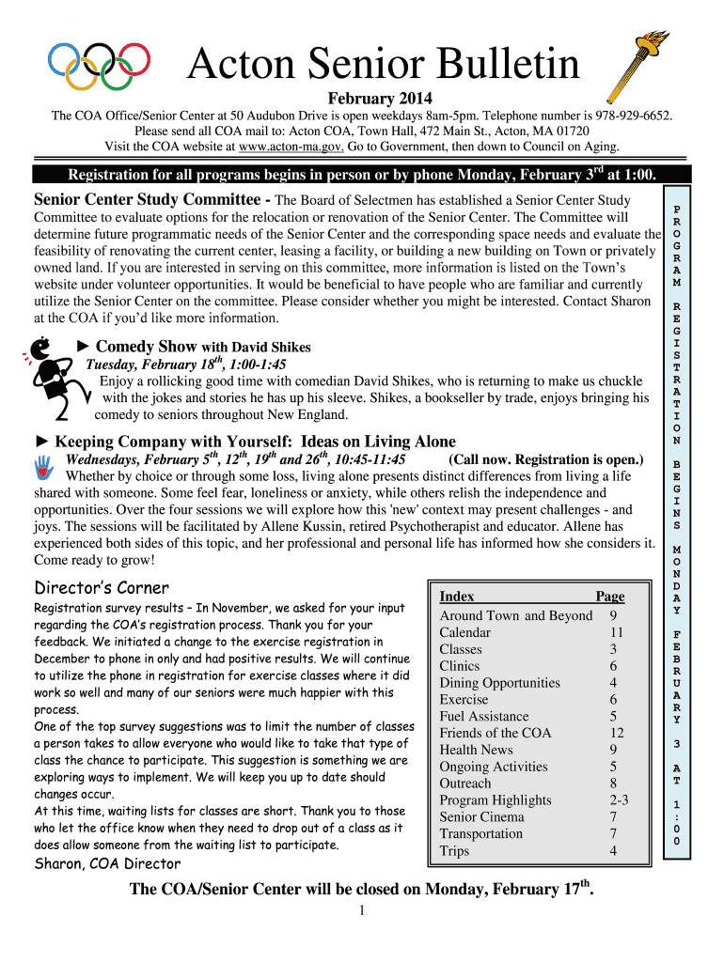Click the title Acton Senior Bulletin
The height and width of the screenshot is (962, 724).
click(x=383, y=65)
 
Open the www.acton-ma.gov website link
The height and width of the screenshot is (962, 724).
click(x=291, y=147)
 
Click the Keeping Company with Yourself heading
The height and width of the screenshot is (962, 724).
click(x=255, y=442)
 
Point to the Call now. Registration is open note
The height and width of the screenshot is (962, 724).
click(x=546, y=459)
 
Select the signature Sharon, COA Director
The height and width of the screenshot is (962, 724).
click(x=107, y=863)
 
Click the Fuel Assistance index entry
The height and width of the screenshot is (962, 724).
click(x=484, y=716)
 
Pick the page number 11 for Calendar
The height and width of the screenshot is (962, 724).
click(x=616, y=632)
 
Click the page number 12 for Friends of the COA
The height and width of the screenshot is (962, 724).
click(x=616, y=733)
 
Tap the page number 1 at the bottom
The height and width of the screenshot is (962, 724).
click(x=362, y=911)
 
